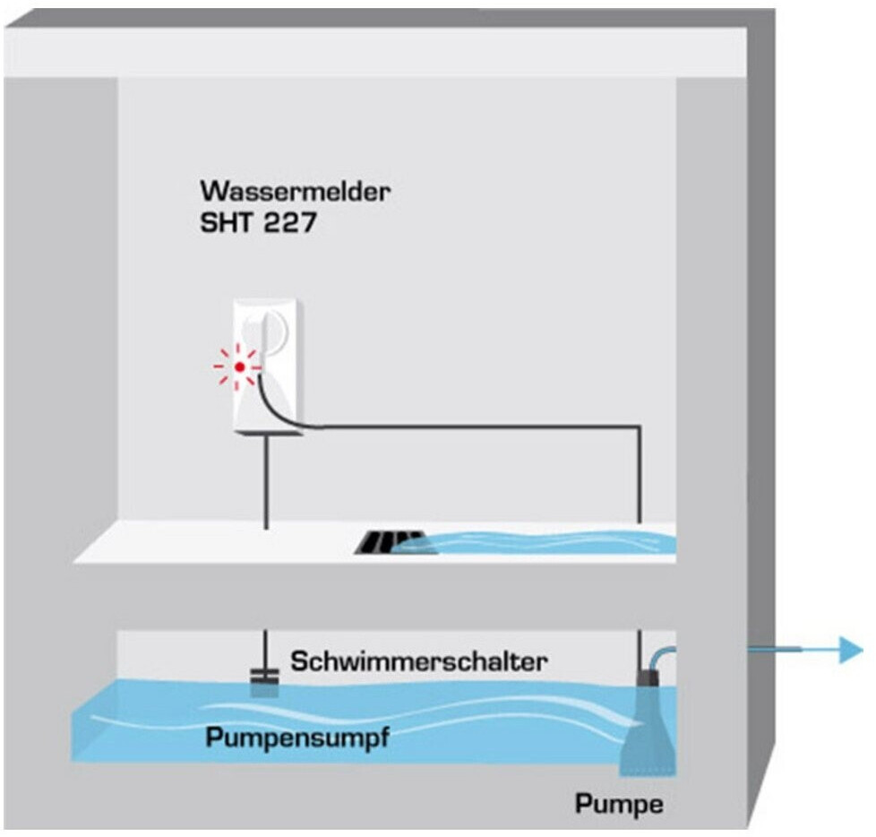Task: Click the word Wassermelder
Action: [295, 191]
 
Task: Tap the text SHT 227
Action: [258, 223]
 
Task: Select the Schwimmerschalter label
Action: [418, 661]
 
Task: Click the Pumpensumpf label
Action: [297, 738]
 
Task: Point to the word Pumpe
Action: [620, 805]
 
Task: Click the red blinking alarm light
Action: [240, 367]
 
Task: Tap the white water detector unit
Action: [268, 367]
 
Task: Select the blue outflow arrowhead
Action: [852, 650]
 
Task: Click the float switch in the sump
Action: [264, 682]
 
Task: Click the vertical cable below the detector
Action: [266, 482]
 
